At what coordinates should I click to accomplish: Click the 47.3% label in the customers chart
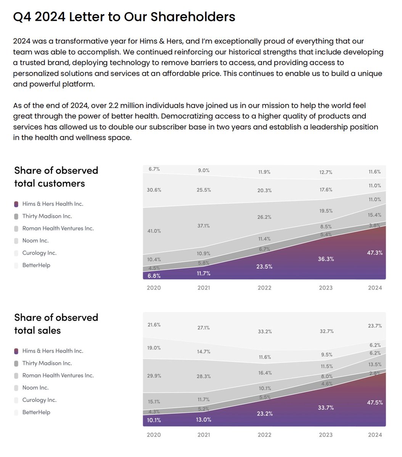pos(375,252)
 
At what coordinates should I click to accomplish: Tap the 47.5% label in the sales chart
pos(375,402)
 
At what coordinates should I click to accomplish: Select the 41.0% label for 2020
pos(154,231)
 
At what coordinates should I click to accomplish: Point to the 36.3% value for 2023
pos(326,259)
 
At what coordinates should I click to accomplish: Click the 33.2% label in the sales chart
pos(264,331)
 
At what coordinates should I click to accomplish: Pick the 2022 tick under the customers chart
pos(264,288)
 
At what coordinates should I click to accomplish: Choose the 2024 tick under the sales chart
pos(375,435)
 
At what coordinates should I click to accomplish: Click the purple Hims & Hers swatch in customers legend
pos(16,204)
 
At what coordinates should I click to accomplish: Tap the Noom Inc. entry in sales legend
pos(35,388)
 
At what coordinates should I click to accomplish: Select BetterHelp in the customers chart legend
pos(36,265)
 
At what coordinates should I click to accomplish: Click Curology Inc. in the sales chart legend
pos(39,400)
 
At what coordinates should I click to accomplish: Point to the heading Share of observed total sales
pos(56,324)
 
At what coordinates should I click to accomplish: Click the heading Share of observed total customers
pos(56,177)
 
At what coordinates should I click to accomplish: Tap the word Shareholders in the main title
pos(193,17)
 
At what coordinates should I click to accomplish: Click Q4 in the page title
pos(22,17)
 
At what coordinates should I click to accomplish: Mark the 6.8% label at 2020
pos(154,275)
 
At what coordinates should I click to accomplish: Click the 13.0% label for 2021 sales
pos(204,419)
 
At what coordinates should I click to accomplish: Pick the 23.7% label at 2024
pos(375,326)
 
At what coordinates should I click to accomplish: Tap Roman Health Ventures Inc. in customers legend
pos(58,228)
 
